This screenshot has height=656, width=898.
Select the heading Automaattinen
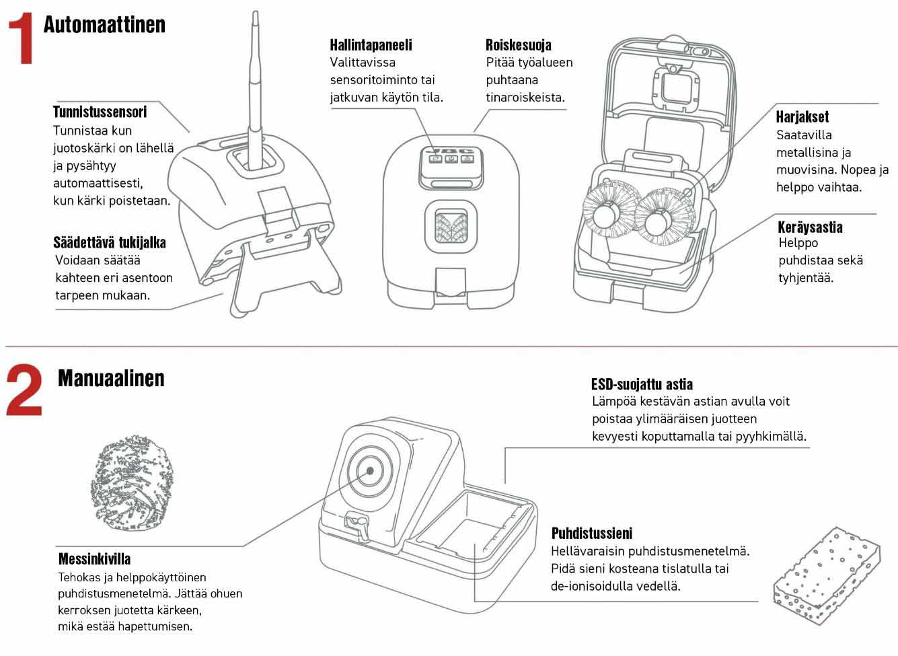tap(104, 25)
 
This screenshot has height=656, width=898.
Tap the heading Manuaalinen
tap(111, 378)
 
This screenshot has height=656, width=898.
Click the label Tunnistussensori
tap(100, 112)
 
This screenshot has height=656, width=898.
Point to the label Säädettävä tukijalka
tap(110, 242)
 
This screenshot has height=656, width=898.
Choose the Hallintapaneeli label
tap(371, 45)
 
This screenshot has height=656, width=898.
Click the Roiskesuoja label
tap(518, 45)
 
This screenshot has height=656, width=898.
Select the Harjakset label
tap(802, 116)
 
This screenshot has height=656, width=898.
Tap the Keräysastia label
tap(810, 227)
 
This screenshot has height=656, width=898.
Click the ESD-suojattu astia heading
tap(642, 384)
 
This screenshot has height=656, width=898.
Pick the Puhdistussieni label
tap(592, 534)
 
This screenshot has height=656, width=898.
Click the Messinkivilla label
tap(95, 559)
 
